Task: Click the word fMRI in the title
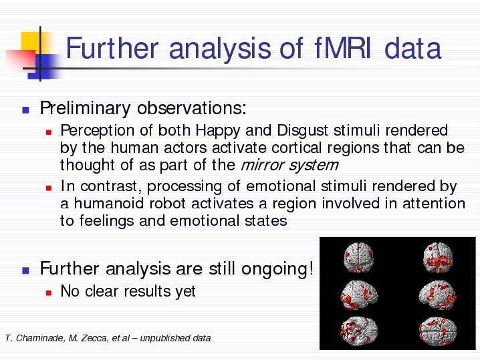coord(342,48)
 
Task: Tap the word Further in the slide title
coord(112,48)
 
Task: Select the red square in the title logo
coord(21,61)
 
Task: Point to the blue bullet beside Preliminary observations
coord(25,110)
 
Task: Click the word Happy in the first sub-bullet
coord(218,131)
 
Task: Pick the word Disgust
coord(302,131)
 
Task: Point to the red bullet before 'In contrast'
coord(49,188)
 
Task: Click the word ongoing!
coord(277,269)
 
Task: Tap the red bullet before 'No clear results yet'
coord(49,293)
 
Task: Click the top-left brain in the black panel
coord(358,257)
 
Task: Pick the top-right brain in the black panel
coord(438,258)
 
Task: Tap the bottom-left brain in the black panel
coord(359,331)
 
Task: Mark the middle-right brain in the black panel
coord(437,295)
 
